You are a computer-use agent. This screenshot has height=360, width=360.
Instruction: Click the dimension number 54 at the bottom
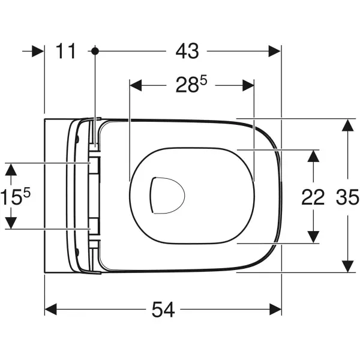point(163,310)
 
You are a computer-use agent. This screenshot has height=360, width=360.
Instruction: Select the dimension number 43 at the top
point(187,52)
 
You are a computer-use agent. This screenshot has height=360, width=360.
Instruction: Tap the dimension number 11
point(67,52)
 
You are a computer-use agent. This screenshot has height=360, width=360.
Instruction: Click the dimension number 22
point(313,197)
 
